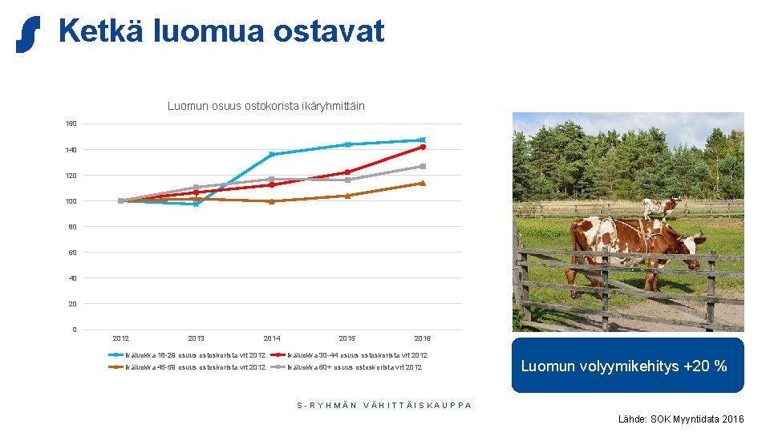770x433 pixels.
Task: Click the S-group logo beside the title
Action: [27, 34]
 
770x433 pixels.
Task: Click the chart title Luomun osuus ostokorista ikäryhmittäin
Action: [265, 106]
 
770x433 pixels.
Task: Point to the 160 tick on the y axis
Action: [71, 124]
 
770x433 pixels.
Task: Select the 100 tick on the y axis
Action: [71, 201]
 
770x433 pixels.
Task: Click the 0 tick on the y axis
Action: [74, 330]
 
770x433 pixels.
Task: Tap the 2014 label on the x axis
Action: [272, 339]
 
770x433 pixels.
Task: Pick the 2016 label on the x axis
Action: [422, 339]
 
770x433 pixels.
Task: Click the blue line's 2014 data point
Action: [272, 154]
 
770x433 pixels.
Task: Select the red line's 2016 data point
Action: [423, 147]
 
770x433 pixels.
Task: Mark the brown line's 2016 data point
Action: [423, 183]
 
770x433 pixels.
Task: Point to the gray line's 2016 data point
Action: [423, 166]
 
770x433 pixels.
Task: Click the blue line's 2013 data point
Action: [196, 204]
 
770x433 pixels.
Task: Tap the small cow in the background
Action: [661, 208]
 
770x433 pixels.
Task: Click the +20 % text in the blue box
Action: [705, 366]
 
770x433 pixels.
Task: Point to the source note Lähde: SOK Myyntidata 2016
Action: [680, 419]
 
